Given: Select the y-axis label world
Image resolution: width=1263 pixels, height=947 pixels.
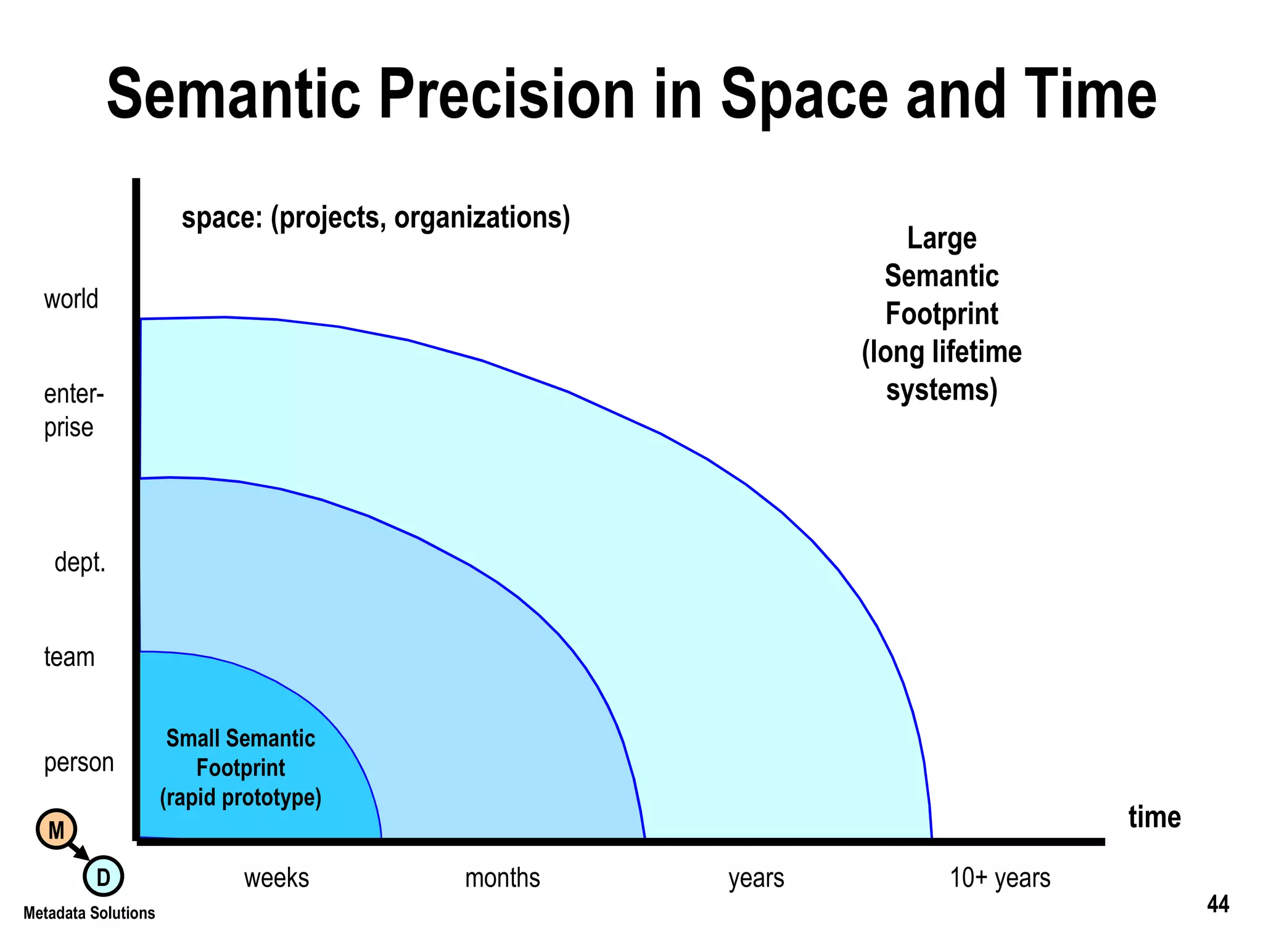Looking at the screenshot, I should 71,299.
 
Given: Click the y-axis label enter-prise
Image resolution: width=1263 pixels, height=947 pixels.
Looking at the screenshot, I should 73,410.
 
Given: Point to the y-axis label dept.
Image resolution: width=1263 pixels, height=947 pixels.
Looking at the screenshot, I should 80,562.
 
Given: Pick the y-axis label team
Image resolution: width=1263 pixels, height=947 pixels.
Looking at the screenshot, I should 69,657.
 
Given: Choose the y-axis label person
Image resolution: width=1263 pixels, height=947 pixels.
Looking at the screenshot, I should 79,763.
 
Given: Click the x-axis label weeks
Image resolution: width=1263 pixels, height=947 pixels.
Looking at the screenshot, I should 276,878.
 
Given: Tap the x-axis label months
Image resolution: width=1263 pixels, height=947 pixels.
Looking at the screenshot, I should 502,878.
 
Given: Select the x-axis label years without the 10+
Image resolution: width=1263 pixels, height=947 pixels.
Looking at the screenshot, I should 756,878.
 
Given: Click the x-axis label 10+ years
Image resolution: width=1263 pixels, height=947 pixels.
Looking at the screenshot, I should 1000,878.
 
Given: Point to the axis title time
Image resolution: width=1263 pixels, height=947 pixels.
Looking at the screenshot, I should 1154,818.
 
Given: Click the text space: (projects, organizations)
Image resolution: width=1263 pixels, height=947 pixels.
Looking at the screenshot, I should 376,218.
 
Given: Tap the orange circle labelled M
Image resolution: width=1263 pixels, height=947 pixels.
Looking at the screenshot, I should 56,830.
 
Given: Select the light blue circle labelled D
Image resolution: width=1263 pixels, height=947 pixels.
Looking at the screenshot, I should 103,876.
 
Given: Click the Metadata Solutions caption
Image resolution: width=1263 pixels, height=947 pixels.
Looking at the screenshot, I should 89,913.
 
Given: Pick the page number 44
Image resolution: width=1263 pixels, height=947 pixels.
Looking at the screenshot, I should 1218,904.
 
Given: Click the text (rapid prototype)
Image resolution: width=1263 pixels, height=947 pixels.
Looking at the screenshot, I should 241,798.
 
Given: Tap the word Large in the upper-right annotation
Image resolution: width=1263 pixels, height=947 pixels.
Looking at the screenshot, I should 942,239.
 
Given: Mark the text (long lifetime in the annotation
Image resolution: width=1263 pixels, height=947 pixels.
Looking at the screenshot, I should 942,353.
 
